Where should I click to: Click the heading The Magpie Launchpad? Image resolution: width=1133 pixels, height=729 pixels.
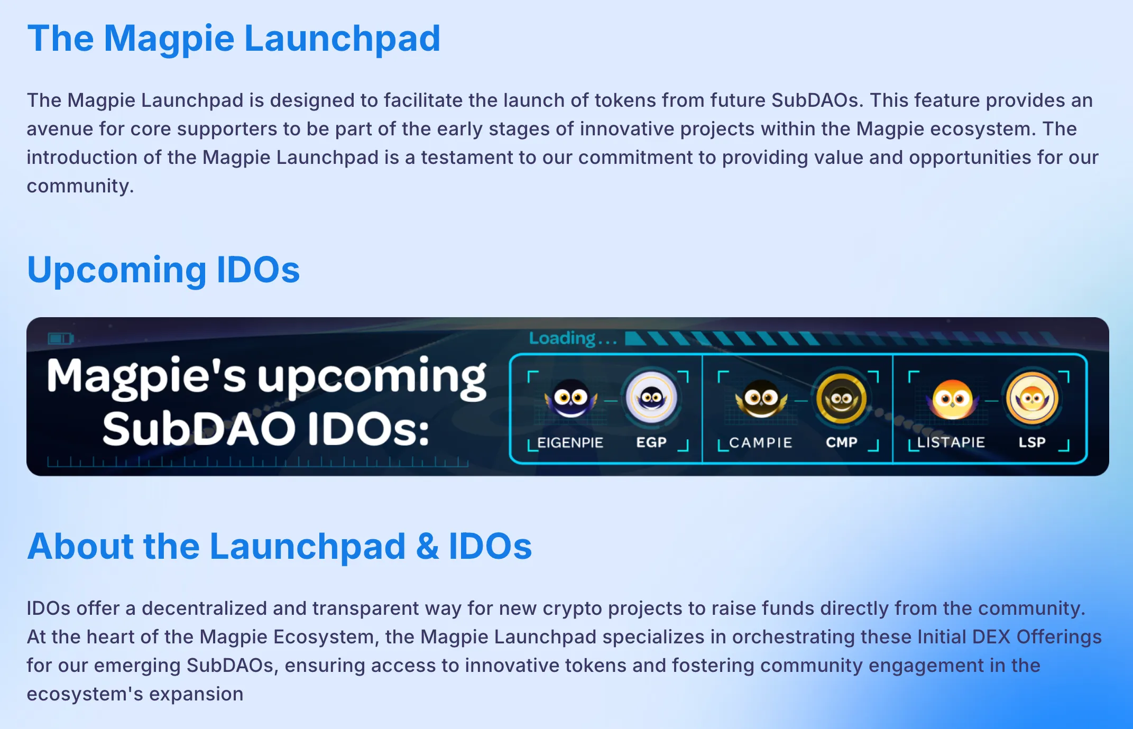(234, 39)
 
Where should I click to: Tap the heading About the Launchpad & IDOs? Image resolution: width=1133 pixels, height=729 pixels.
(280, 546)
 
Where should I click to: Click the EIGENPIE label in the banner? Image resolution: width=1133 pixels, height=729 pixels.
(570, 442)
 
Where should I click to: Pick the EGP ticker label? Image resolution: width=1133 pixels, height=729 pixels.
(651, 442)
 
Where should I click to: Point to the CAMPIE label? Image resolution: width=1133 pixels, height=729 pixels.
(761, 442)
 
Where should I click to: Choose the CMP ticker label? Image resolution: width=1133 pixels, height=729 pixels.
(842, 442)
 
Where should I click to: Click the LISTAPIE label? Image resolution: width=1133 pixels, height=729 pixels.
(951, 442)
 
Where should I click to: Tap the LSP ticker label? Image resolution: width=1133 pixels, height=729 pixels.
(1032, 442)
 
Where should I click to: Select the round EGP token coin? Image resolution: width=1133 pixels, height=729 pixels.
(651, 398)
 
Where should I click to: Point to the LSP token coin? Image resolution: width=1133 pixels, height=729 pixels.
(1032, 398)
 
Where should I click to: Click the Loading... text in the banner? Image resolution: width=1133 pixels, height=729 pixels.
(573, 338)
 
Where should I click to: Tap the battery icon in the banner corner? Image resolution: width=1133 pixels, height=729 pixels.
(61, 338)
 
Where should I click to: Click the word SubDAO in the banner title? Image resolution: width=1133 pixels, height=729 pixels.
(199, 429)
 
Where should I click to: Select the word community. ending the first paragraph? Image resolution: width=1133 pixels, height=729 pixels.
(80, 186)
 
